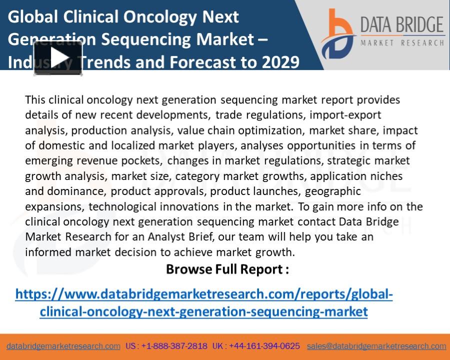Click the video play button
click(x=58, y=58)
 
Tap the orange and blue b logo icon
click(x=337, y=34)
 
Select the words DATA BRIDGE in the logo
click(x=402, y=24)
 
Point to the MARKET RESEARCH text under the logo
click(x=402, y=43)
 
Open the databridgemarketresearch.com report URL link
click(x=204, y=302)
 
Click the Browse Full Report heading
click(x=227, y=269)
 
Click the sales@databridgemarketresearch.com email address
click(x=376, y=346)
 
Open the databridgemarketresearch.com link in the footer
click(x=63, y=346)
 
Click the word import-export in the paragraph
click(x=345, y=115)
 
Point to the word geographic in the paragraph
click(x=333, y=191)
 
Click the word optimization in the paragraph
click(x=271, y=130)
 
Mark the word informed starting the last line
click(x=48, y=252)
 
